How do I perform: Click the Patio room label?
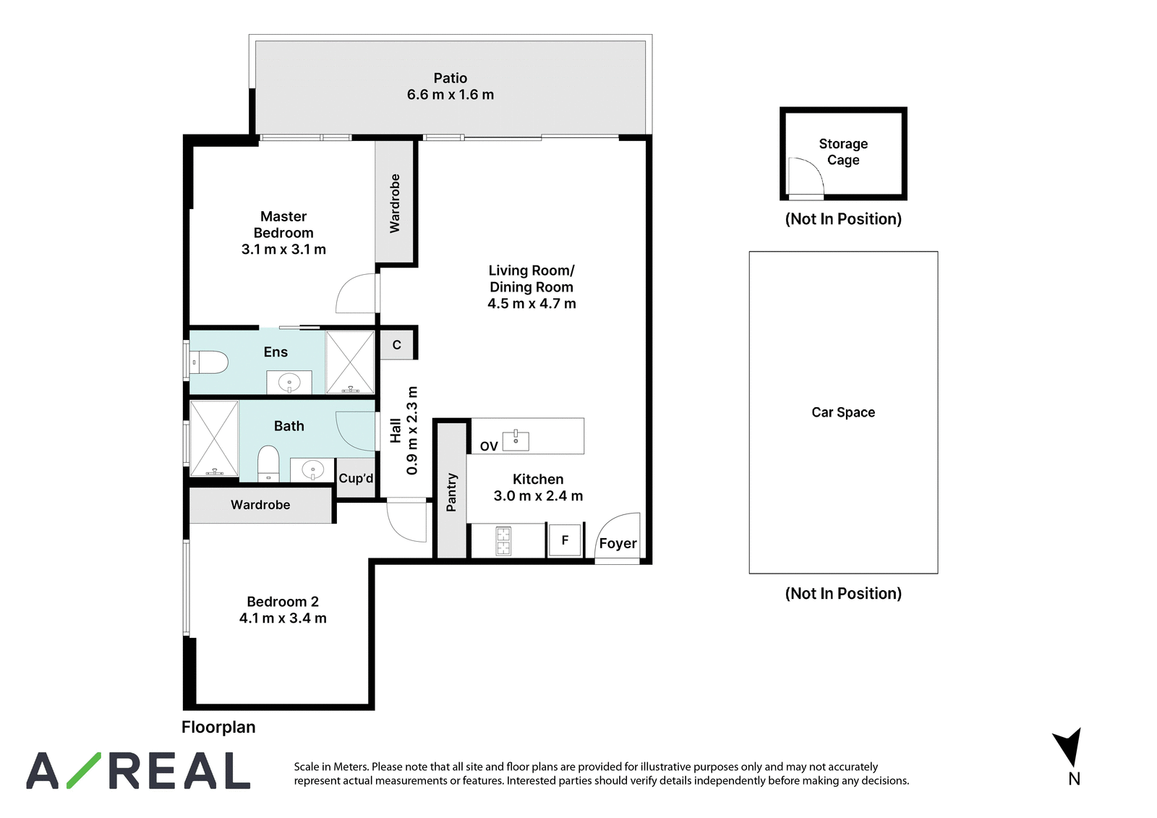click(x=450, y=78)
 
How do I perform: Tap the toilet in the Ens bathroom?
click(x=209, y=362)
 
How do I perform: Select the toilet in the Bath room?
click(x=268, y=464)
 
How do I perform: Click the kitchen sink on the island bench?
click(x=516, y=440)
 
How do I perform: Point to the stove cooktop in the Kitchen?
click(x=503, y=541)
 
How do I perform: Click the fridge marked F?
click(x=565, y=540)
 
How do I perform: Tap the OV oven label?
click(x=489, y=446)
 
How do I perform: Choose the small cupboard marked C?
click(x=397, y=345)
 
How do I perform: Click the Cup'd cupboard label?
click(x=356, y=479)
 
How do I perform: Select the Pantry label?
click(x=451, y=492)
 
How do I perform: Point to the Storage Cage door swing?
click(x=806, y=176)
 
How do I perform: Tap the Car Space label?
click(x=843, y=412)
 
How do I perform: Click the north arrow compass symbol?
click(x=1067, y=747)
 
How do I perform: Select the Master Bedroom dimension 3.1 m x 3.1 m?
click(x=283, y=250)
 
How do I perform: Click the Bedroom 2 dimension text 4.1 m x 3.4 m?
click(x=283, y=618)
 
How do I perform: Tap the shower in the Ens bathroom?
click(x=350, y=362)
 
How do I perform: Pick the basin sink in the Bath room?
click(x=312, y=469)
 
